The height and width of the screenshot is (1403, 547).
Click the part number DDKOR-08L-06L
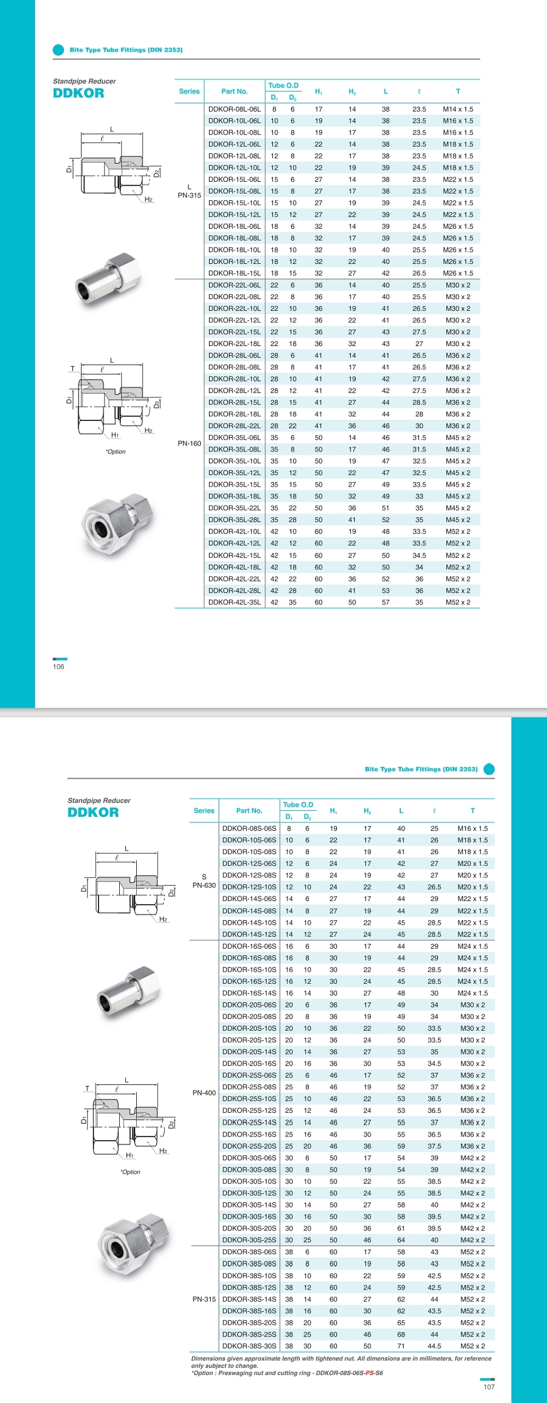pos(234,109)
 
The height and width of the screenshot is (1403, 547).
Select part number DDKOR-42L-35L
pos(234,602)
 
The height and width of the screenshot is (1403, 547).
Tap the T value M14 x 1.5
pos(458,109)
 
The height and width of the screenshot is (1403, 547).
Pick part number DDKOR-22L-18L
pos(234,344)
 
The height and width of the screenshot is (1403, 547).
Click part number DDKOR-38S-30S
pos(249,1346)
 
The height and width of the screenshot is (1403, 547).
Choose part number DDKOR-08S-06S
pos(249,828)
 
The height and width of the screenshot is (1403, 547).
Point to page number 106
pos(59,667)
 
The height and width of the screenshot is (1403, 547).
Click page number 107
pos(489,1387)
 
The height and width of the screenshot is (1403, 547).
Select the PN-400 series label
pos(204,1093)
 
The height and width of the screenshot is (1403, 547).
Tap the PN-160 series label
pos(189,443)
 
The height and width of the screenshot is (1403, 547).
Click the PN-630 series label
pos(204,885)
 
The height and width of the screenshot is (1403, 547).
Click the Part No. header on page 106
pos(234,91)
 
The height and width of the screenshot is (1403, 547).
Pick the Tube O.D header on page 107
pos(298,805)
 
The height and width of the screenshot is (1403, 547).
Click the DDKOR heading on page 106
pos(78,93)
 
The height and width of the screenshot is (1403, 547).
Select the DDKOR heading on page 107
pos(93,812)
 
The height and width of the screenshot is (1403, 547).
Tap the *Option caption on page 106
pos(115,452)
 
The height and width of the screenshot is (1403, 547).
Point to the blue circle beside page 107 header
pos(489,769)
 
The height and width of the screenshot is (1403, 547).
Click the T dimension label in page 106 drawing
pos(72,369)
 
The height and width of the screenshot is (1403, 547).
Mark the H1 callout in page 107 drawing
pos(130,1155)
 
